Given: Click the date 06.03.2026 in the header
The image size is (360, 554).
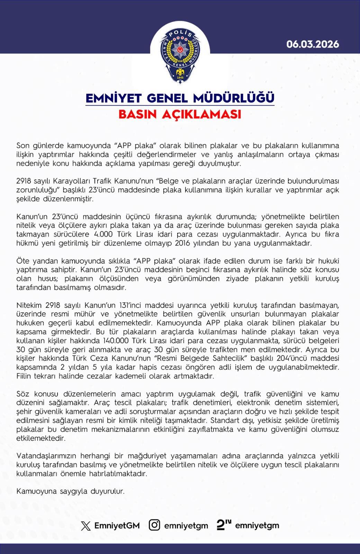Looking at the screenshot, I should pyautogui.click(x=313, y=44).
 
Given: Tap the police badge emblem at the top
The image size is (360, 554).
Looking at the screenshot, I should pyautogui.click(x=180, y=55).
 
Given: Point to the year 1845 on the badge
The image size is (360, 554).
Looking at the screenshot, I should pyautogui.click(x=180, y=77).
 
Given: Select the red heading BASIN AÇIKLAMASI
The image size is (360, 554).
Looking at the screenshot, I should pyautogui.click(x=180, y=114).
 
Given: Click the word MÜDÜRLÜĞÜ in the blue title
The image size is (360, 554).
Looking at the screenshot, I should pyautogui.click(x=234, y=98).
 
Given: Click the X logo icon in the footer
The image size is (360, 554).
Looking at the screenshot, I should pyautogui.click(x=85, y=526).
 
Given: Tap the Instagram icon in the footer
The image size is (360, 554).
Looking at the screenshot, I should pyautogui.click(x=154, y=525).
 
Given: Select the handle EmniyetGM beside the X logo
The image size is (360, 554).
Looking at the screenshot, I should pyautogui.click(x=117, y=526).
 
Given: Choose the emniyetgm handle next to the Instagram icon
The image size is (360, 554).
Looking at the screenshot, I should pyautogui.click(x=186, y=526).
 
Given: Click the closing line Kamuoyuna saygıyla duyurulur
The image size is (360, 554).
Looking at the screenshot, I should pyautogui.click(x=70, y=491).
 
